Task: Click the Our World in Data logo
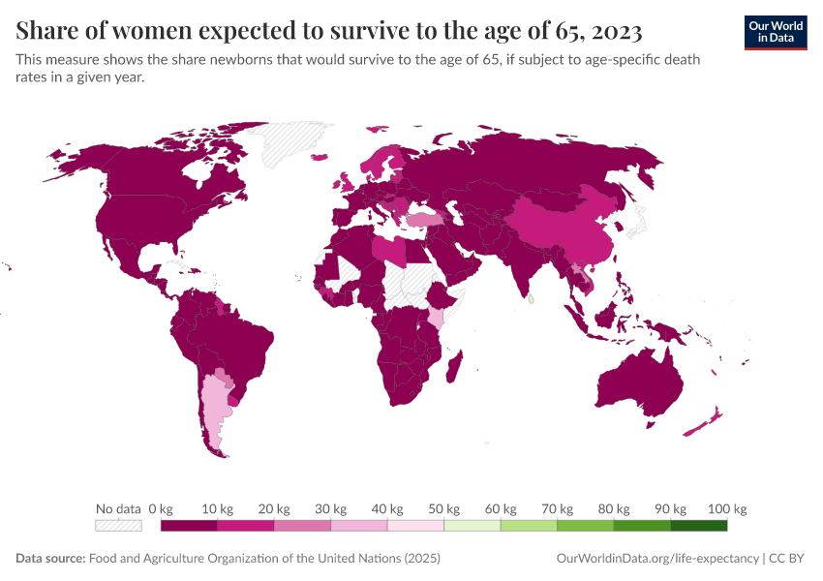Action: pos(775,33)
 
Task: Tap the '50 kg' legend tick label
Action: pos(444,508)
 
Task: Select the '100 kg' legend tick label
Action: pos(727,508)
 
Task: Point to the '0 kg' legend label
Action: pos(161,508)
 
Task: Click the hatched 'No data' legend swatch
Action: pos(118,526)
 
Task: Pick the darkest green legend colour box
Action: pos(698,526)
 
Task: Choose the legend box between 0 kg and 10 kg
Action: pos(189,526)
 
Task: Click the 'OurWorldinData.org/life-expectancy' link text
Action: pos(658,559)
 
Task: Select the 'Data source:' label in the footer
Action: pos(50,559)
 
